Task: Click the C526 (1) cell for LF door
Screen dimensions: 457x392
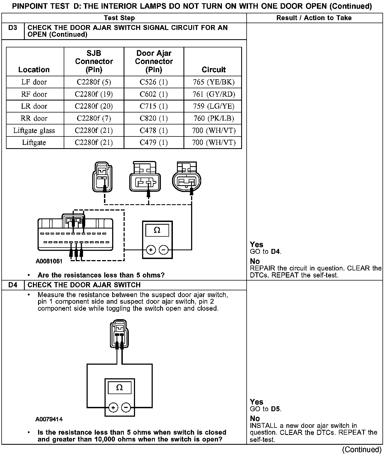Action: point(154,82)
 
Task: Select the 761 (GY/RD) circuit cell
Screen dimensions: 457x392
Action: point(214,94)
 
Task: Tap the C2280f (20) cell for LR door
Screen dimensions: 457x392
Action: point(94,106)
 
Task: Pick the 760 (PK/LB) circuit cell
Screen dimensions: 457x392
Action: point(214,118)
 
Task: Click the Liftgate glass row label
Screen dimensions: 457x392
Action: point(34,130)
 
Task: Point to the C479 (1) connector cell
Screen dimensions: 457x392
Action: point(154,142)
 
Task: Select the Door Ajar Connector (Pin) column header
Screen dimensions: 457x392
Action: point(154,62)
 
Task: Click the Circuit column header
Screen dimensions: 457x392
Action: point(214,70)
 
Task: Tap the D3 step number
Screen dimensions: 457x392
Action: point(13,28)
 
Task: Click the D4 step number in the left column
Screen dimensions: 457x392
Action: point(13,285)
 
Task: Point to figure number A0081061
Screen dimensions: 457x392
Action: point(49,261)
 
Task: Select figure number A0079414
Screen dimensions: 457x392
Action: point(49,419)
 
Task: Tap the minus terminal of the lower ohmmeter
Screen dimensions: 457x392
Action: point(126,407)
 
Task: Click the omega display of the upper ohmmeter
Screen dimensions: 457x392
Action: point(157,230)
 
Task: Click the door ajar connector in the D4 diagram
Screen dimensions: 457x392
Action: point(119,334)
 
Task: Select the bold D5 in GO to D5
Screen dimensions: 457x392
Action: point(276,409)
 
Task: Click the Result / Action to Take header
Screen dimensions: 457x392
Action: point(314,18)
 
